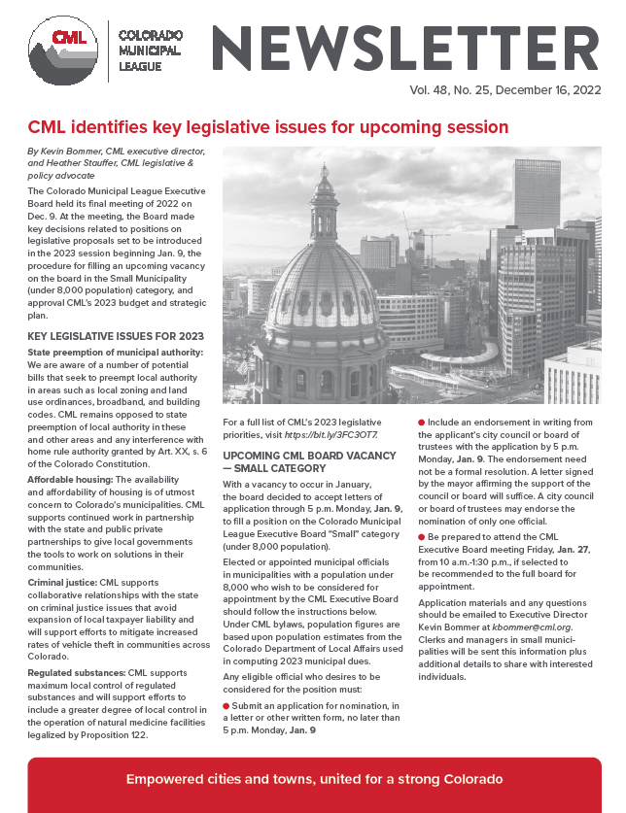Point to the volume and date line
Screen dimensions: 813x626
(494, 93)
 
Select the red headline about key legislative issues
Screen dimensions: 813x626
(268, 127)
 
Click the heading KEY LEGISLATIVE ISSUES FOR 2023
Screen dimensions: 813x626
(102, 336)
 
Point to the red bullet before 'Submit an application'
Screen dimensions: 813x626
(226, 704)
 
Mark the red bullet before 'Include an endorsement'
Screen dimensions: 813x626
(421, 422)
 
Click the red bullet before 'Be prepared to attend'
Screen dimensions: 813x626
(421, 536)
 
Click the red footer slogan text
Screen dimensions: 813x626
(314, 780)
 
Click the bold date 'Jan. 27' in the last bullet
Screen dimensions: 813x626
(573, 549)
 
